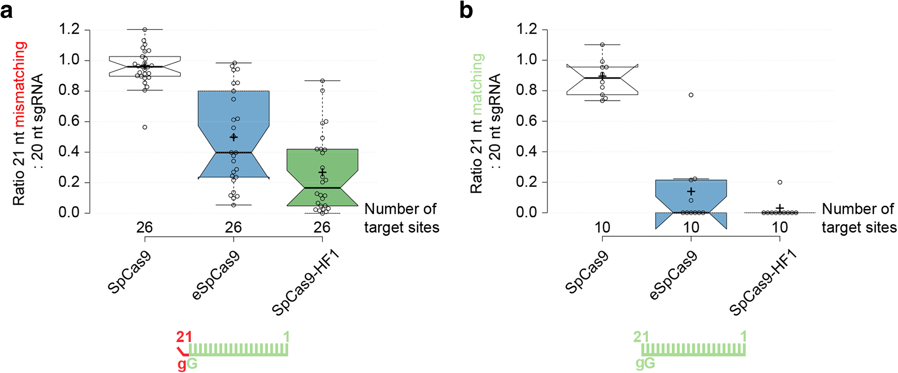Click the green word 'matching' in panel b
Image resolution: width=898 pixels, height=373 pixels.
(x=477, y=84)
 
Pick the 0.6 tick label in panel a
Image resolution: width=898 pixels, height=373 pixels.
(x=69, y=121)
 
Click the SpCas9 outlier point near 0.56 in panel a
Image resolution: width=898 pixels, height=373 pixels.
(x=145, y=127)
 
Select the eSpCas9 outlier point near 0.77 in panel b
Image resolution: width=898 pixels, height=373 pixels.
(x=691, y=95)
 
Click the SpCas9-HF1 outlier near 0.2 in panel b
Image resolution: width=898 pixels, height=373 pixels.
(x=780, y=182)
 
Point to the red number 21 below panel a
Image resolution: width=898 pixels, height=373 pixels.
(x=184, y=337)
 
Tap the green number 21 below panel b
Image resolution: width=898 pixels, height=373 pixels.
(x=641, y=337)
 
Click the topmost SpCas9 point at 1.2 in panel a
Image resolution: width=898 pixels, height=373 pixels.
(x=145, y=30)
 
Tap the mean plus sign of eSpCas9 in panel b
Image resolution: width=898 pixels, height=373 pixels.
(x=691, y=191)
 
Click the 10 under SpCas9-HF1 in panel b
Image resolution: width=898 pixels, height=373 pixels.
(x=780, y=227)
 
